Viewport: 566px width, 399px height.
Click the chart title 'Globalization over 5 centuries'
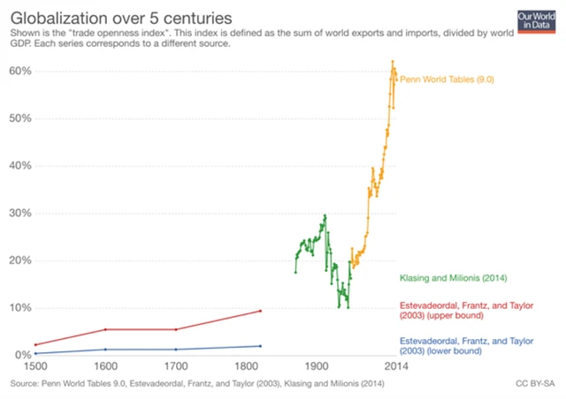122,16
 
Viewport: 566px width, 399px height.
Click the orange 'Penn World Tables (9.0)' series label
446,79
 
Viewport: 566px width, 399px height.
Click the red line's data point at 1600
105,329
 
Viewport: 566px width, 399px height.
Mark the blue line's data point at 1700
175,350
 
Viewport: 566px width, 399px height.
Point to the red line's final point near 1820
260,310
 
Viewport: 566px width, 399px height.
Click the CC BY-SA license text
534,384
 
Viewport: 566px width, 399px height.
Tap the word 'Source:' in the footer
25,384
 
